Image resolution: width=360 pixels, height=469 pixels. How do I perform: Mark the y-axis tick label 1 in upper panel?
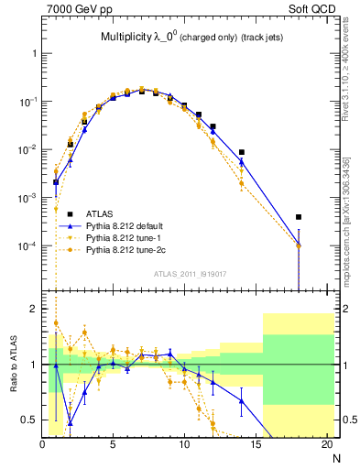(34, 53)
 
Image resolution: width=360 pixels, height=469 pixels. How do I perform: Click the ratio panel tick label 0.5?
(29, 420)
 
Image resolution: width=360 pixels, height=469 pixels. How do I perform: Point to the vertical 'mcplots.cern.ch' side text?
(351, 229)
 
